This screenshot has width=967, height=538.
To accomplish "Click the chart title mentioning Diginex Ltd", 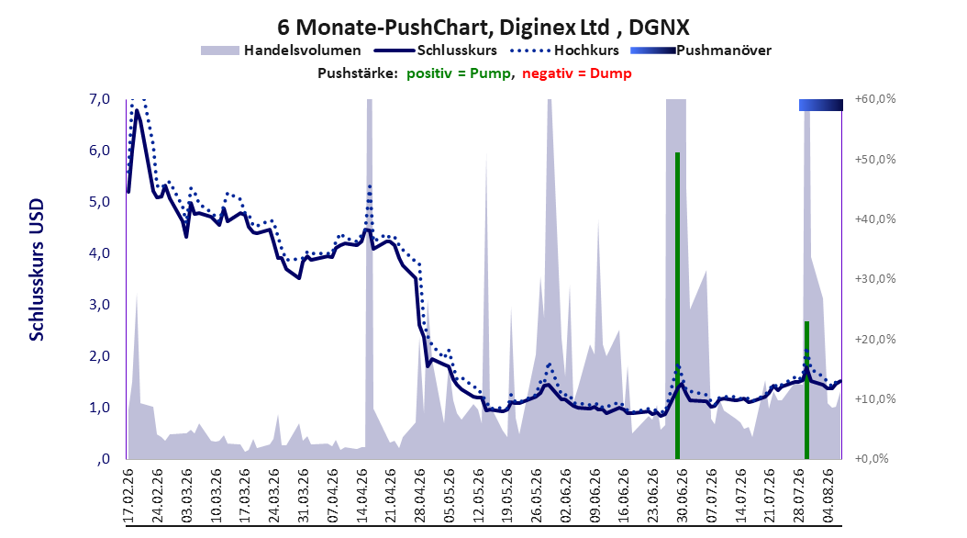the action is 483,28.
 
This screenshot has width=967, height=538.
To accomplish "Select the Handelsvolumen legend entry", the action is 282,50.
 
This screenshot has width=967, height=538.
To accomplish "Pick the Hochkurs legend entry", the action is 564,50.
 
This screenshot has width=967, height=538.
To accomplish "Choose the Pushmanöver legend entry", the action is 701,50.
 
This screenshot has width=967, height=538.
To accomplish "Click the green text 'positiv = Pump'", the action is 458,73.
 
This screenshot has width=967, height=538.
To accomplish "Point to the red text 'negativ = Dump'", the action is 577,73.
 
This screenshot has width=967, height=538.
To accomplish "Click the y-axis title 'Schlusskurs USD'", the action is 37,269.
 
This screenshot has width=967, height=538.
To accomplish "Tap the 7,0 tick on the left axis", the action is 99,99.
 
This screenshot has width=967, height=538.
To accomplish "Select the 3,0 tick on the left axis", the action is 99,305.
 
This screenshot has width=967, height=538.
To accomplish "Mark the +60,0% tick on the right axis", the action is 875,99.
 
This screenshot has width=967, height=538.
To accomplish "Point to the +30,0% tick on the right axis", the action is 875,279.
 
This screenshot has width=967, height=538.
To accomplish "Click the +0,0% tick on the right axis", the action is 872,459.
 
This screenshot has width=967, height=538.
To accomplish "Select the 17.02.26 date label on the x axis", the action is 128,496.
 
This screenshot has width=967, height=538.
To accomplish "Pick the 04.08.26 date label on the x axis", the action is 828,496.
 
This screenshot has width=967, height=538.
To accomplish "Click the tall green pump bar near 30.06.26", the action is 677,306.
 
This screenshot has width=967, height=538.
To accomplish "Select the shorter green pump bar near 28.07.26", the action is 806,390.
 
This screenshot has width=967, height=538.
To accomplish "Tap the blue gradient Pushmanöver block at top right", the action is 821,105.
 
